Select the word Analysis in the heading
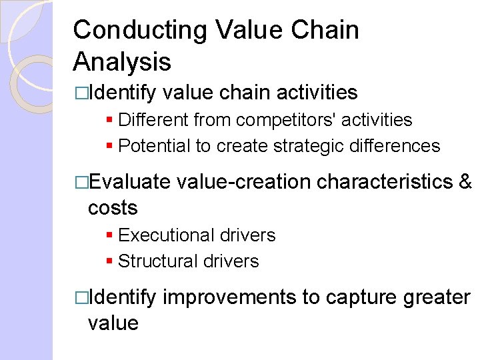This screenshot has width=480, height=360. coord(122,62)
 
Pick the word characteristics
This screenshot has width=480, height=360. coord(383,182)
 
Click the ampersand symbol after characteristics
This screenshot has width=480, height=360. coord(465,182)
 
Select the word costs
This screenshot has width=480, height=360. coord(113,207)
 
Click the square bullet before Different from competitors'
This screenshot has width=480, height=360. coord(109,121)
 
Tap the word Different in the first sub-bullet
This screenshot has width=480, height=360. coord(153,120)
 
